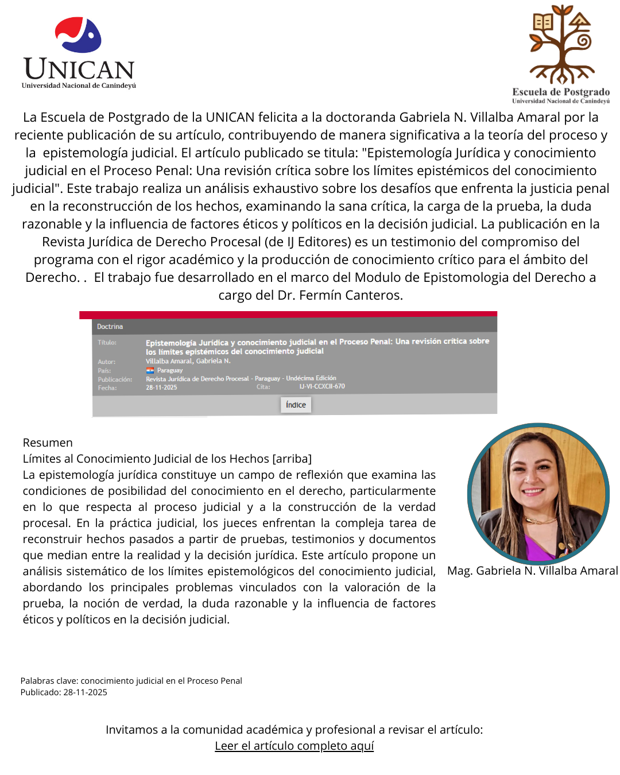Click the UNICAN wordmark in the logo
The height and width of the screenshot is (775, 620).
79,69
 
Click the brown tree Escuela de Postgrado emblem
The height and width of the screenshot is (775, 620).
561,44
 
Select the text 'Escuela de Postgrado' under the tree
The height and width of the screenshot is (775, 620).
561,92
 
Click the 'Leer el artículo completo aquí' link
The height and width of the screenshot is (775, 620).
294,746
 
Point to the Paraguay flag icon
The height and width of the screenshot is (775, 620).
150,370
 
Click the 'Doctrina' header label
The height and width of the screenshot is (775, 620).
110,327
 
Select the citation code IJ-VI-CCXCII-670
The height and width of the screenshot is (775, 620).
322,386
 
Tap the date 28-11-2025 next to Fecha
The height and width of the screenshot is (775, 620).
161,387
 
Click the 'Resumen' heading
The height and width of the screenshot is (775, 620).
48,443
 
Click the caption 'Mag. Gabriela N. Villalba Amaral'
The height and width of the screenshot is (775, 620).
532,571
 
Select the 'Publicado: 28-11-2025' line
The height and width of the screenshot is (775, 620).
64,692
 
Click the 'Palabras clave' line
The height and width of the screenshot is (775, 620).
131,681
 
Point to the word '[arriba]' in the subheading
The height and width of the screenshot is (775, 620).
292,459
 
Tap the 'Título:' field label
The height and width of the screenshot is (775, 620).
107,342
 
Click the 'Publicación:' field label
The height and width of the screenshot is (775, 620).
115,379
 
